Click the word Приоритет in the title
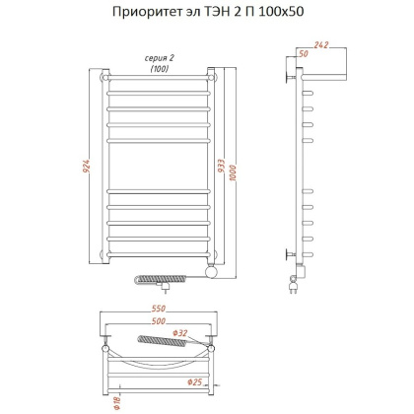[x=149, y=13]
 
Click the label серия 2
[x=159, y=58]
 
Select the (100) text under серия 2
[x=159, y=68]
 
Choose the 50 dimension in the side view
[x=303, y=54]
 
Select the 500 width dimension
[x=158, y=321]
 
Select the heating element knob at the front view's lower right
[x=208, y=268]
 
